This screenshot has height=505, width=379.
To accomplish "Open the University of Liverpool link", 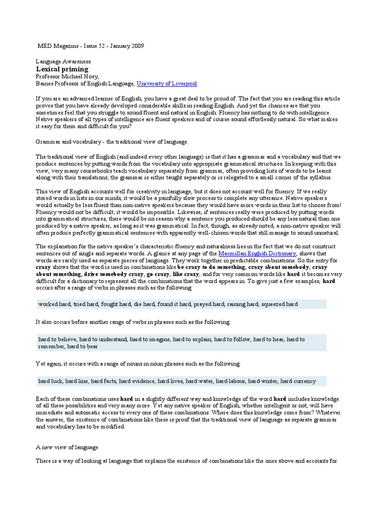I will pos(166,84).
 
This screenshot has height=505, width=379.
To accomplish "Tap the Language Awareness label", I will pos(63,62).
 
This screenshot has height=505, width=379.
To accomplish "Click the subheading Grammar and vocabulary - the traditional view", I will pos(112,142).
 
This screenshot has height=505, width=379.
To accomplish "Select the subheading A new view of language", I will pos(67,447).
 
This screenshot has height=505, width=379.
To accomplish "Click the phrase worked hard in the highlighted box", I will pos(54,304).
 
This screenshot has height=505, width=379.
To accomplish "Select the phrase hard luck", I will pos(50,381).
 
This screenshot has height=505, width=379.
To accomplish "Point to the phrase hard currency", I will pos(298,381).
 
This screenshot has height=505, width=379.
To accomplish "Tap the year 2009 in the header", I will pos(137,46).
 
